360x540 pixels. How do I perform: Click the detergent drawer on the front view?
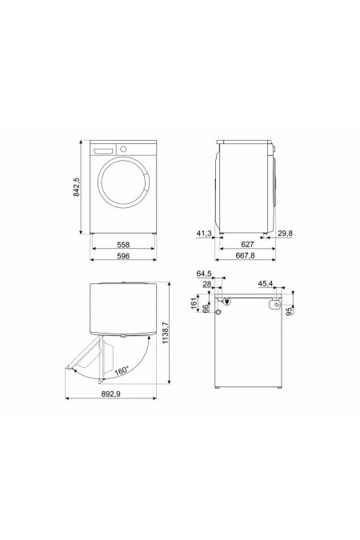(x=104, y=150)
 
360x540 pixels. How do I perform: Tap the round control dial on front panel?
(x=122, y=150)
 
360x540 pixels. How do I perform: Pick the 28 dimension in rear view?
(x=206, y=284)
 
